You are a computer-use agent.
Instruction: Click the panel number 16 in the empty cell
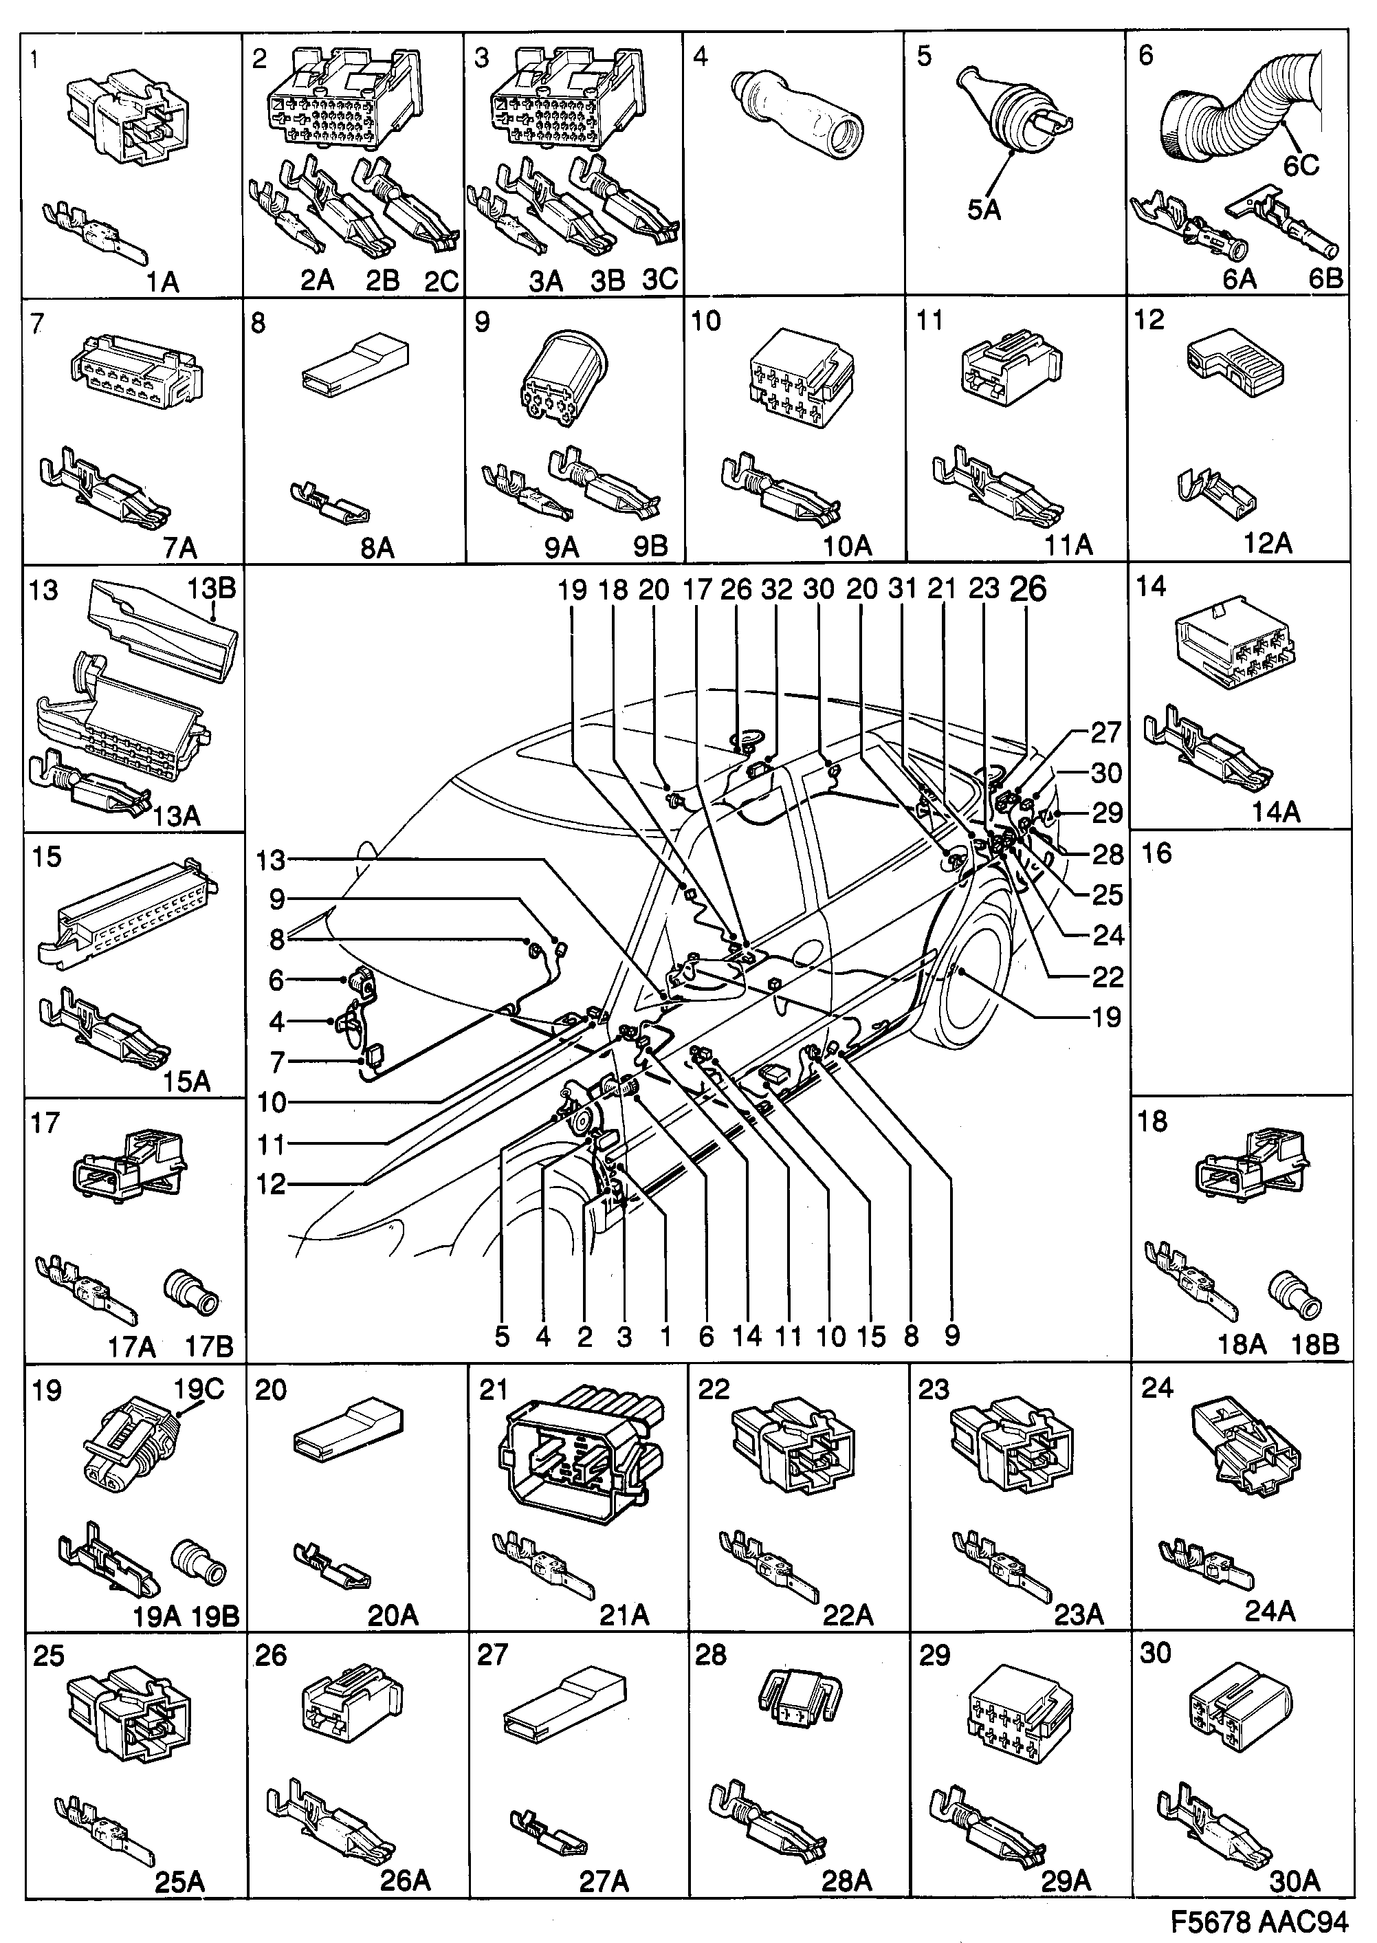pyautogui.click(x=1156, y=853)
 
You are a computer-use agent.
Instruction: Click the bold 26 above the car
pyautogui.click(x=1028, y=589)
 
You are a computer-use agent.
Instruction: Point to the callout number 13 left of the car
pyautogui.click(x=272, y=861)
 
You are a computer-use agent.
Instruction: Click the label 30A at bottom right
pyautogui.click(x=1294, y=1882)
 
